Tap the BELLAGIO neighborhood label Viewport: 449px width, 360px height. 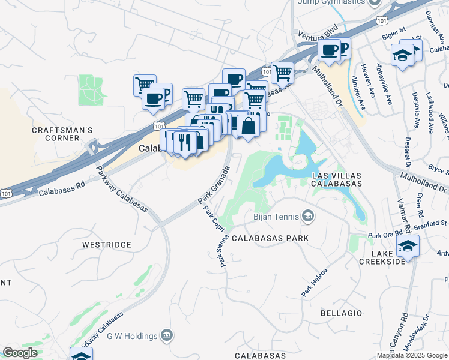[342, 313]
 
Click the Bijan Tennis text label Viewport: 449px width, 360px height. [276, 215]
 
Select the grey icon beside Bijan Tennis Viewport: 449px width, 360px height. [308, 215]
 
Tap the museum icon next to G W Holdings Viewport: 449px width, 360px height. [167, 335]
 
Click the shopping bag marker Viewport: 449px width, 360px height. [247, 127]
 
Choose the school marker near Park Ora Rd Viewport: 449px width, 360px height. [408, 246]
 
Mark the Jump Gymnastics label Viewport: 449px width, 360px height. [331, 2]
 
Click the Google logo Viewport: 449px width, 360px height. [20, 353]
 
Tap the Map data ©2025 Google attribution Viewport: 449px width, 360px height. [412, 355]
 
